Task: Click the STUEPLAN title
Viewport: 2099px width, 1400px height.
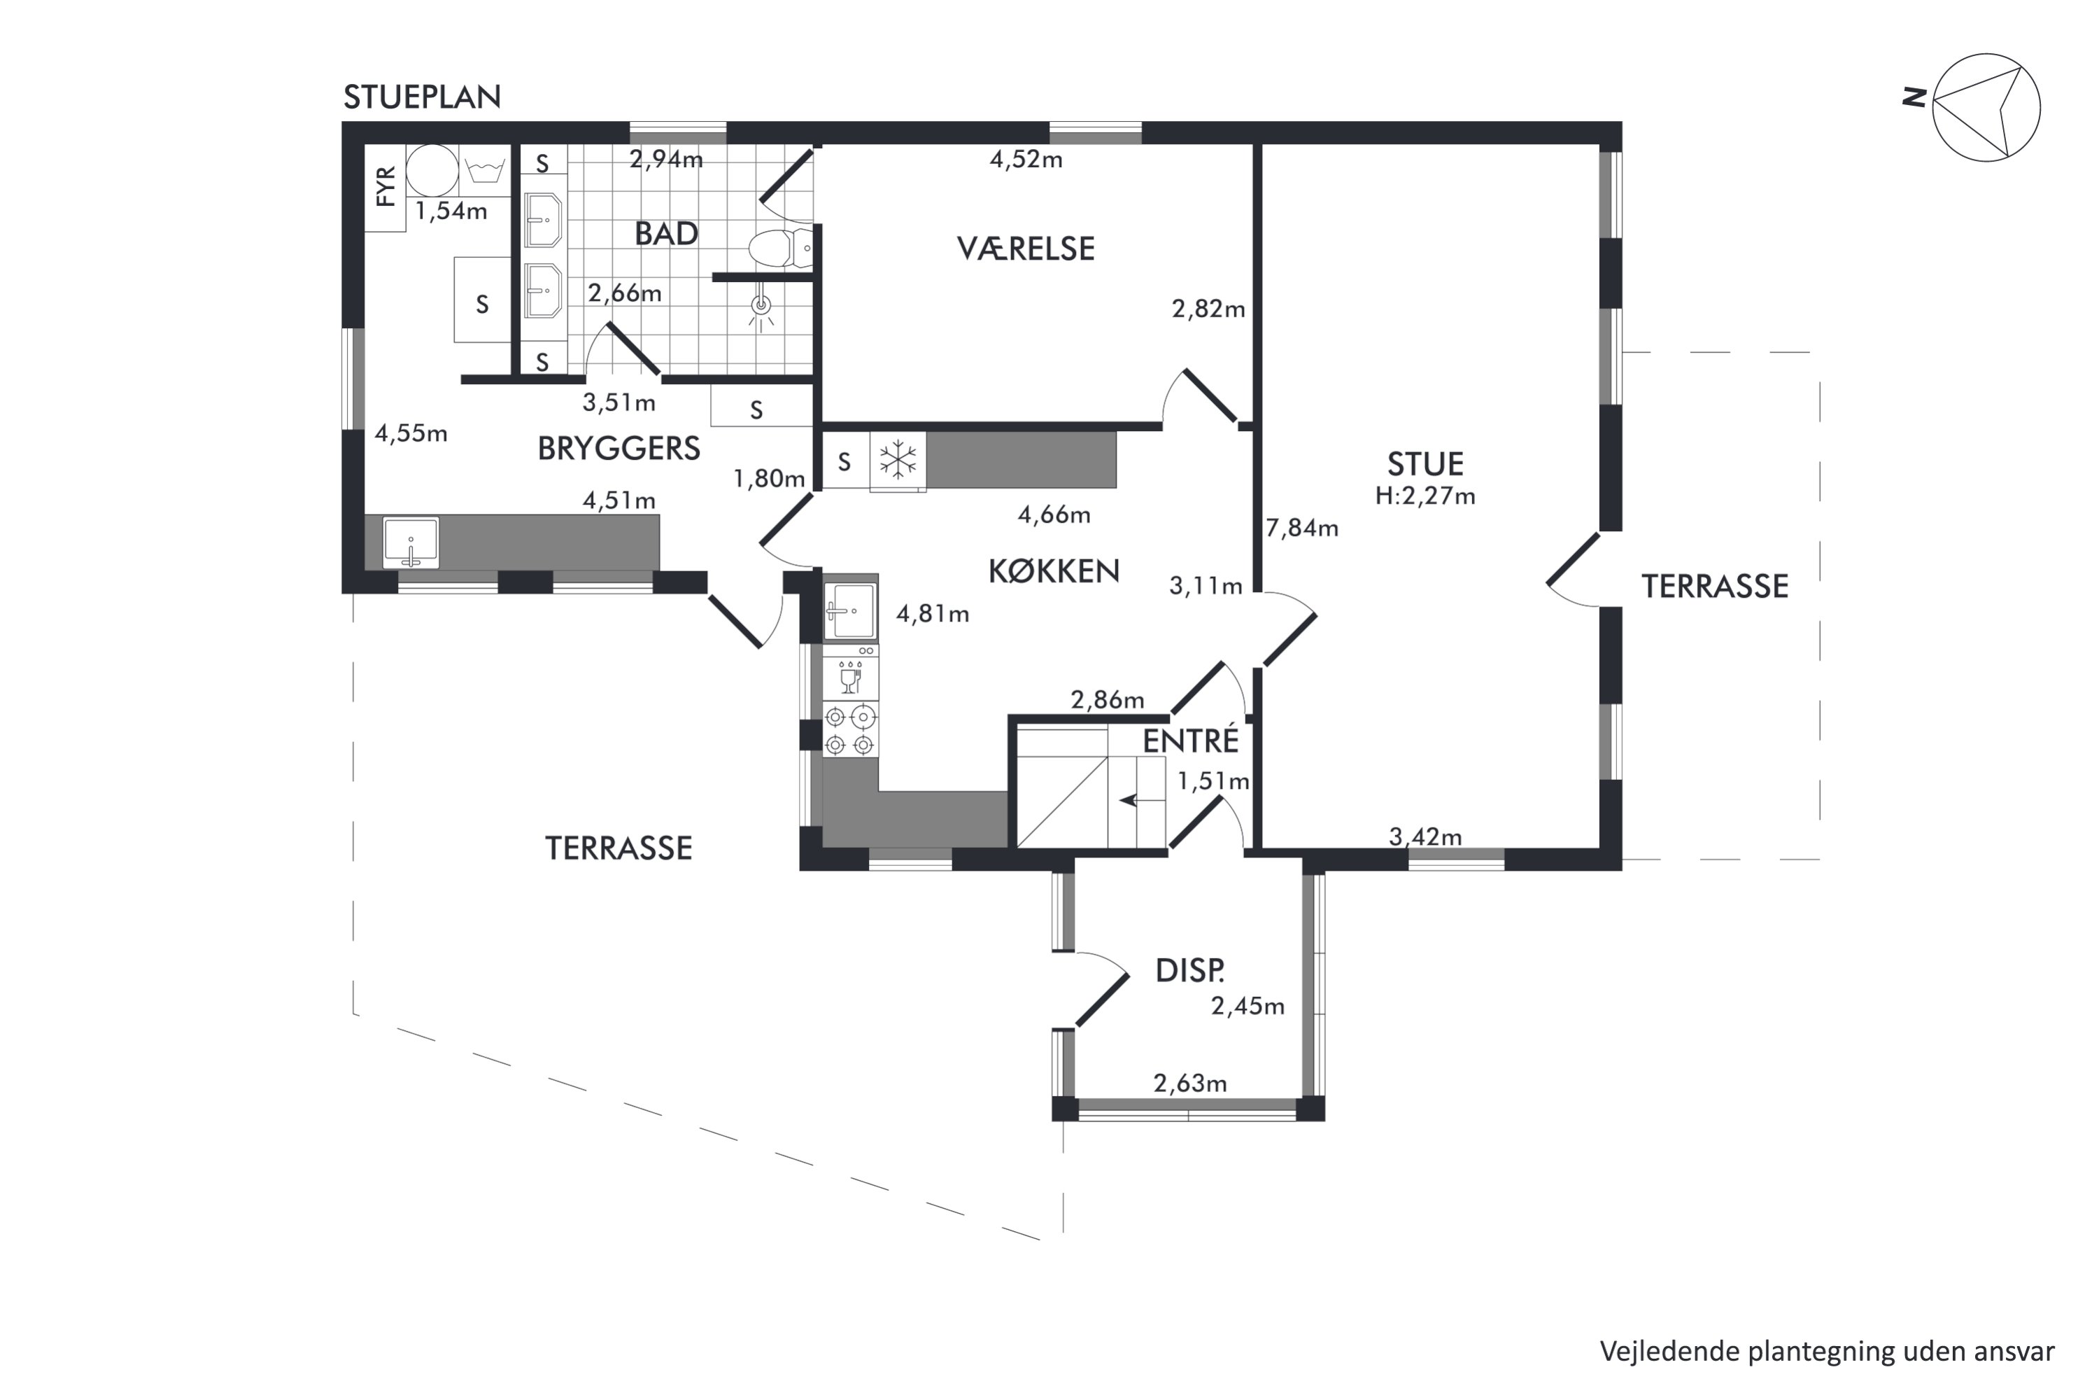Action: pos(422,97)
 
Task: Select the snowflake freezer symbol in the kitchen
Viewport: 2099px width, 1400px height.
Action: pos(898,461)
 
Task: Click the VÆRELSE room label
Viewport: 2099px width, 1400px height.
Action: pos(1026,248)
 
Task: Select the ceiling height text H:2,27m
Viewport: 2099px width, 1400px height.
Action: pos(1425,496)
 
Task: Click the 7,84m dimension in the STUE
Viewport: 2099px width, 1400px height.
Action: pos(1302,528)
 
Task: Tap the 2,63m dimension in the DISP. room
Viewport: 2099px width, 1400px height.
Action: pos(1189,1083)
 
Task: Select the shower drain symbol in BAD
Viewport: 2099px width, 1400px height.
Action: pos(761,307)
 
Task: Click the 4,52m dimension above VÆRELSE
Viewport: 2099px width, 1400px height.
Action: pos(1026,160)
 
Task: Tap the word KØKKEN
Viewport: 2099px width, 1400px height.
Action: pos(1054,571)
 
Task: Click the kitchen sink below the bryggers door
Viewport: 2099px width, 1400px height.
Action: pos(849,612)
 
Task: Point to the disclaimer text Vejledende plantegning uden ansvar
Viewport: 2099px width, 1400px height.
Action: pos(1827,1352)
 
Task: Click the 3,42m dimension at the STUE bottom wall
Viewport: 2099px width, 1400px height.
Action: pos(1425,836)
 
